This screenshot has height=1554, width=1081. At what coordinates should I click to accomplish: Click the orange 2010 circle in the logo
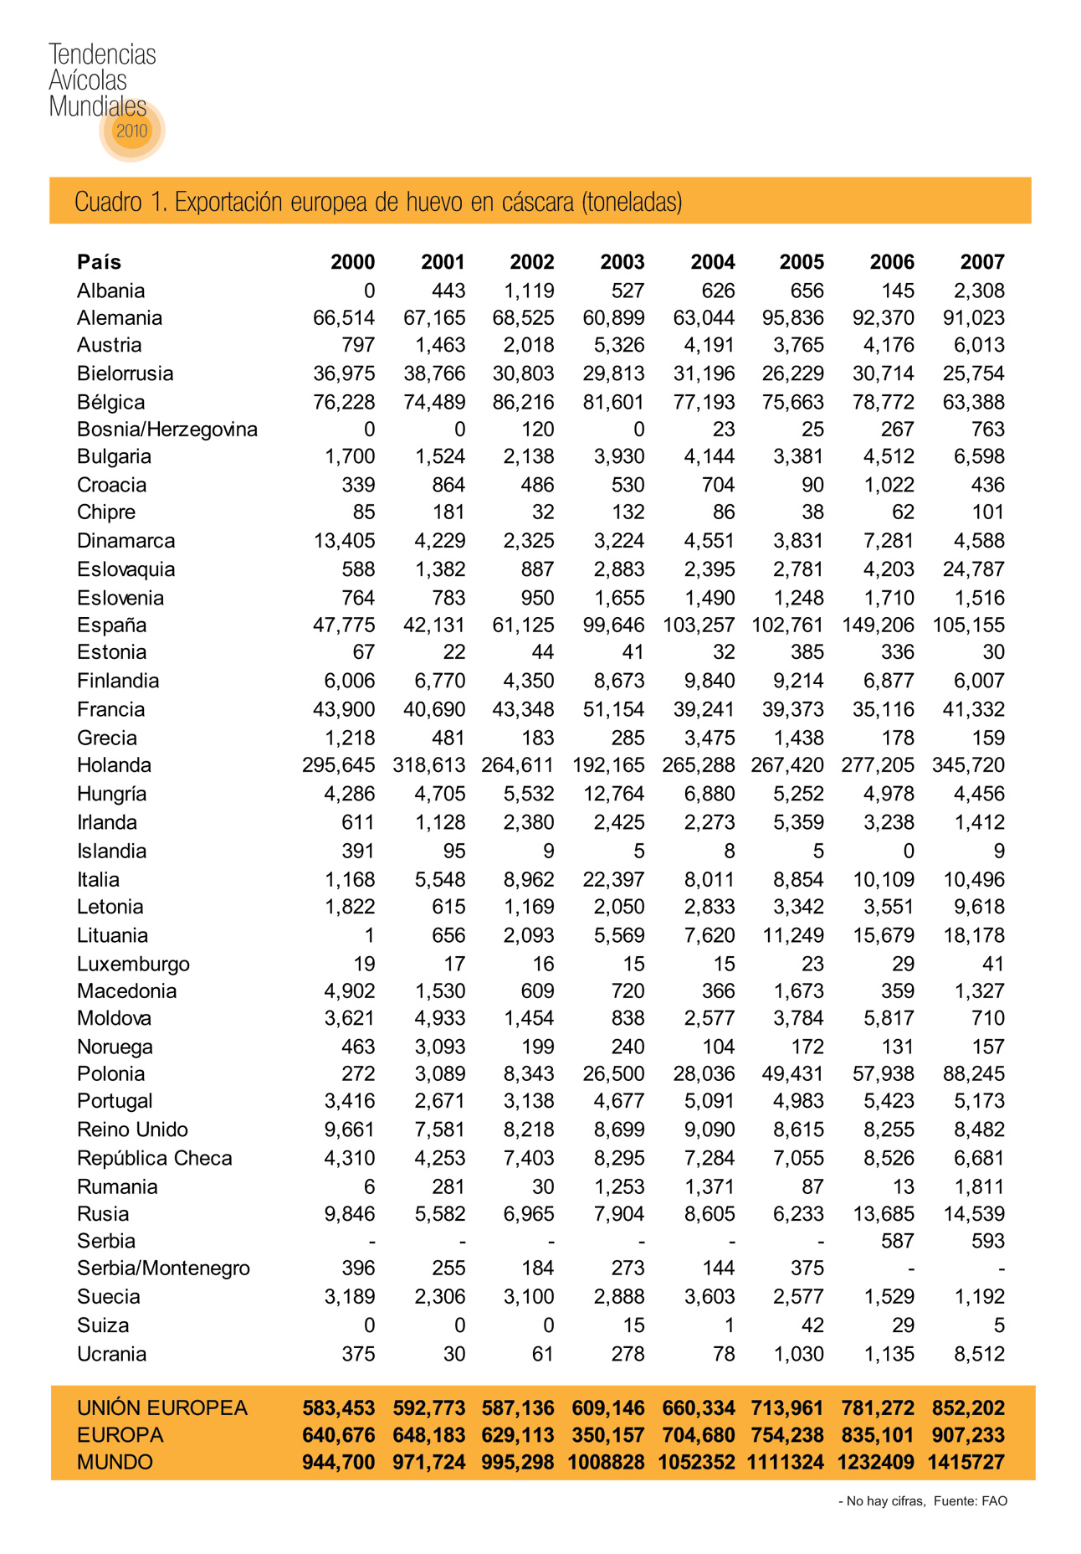pos(131,131)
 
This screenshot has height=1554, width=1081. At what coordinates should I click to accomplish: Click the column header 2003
pos(622,262)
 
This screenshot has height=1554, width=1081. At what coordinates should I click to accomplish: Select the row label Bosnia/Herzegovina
pos(167,430)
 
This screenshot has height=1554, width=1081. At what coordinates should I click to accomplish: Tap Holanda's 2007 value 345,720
pos(968,765)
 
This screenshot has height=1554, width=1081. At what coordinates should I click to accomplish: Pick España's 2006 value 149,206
pos(878,625)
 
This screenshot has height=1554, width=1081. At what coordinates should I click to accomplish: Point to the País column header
pos(99,262)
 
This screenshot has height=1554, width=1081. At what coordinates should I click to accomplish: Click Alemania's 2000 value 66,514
pos(343,318)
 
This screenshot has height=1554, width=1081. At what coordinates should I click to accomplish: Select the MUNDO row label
pos(115,1462)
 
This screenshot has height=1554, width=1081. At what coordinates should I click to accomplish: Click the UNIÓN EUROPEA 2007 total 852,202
pos(968,1408)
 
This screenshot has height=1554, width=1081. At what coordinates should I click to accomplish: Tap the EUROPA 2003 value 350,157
pos(608,1435)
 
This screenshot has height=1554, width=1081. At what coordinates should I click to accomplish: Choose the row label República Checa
pos(154,1158)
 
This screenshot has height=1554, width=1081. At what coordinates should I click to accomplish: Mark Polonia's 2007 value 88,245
pos(973,1073)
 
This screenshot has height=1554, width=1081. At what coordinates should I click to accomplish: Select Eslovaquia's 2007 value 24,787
pos(973,569)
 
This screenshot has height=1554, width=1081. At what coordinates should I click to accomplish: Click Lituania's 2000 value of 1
pos(369,935)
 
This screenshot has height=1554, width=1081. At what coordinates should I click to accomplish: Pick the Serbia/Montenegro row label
pos(163,1268)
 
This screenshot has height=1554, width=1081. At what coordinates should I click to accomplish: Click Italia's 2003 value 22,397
pos(613,879)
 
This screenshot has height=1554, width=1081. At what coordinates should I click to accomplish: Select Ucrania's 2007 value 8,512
pos(979,1354)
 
